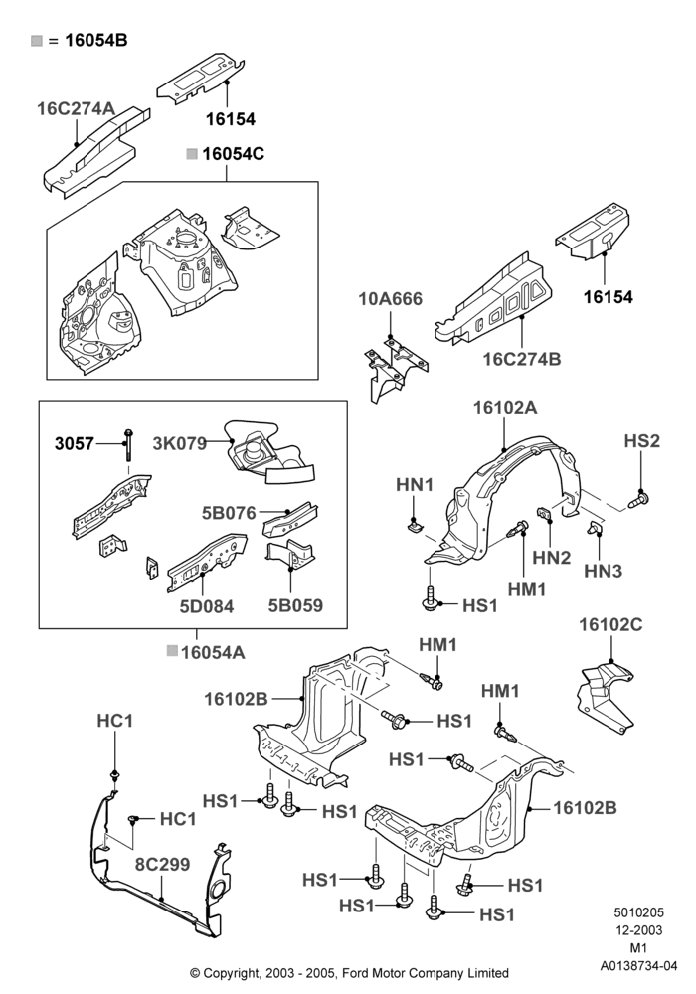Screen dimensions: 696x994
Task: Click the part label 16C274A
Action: [77, 108]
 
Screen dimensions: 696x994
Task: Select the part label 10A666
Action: [391, 298]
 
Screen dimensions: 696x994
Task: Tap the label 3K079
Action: [180, 443]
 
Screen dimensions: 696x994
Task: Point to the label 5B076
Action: [229, 513]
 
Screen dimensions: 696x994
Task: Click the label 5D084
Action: [207, 606]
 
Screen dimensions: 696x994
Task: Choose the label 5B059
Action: [295, 605]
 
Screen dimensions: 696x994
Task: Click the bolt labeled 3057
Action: [128, 444]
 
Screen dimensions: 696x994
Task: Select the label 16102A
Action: [505, 407]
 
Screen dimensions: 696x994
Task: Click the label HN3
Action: [603, 571]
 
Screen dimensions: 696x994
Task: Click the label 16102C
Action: [610, 624]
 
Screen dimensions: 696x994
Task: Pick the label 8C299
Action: [162, 864]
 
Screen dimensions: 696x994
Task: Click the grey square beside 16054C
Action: [192, 154]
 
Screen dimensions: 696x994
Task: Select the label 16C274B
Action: [522, 359]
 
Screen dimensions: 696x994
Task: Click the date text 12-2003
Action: [638, 930]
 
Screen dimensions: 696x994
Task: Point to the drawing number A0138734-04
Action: [639, 965]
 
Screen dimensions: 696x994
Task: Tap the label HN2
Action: [552, 558]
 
